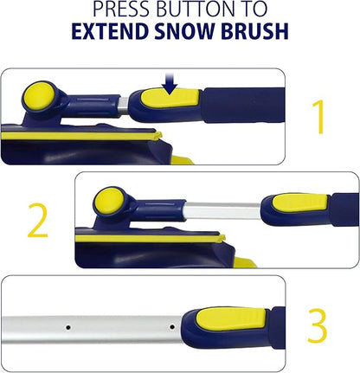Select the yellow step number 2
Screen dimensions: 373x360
tap(37, 222)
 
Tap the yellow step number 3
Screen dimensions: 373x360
tap(317, 326)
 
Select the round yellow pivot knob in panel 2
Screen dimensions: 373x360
tap(107, 201)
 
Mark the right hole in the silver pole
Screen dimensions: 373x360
tap(172, 327)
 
